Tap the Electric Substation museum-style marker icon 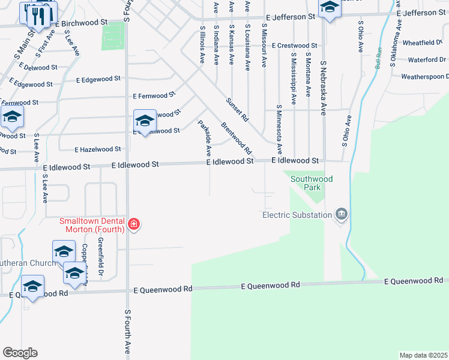[x=342, y=214]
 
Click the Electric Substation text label [x=297, y=215]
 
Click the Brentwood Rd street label [x=235, y=137]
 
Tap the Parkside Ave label [x=205, y=139]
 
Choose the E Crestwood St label [x=294, y=46]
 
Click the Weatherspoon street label [x=425, y=77]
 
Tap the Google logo [x=20, y=352]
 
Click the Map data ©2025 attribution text [x=423, y=355]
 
